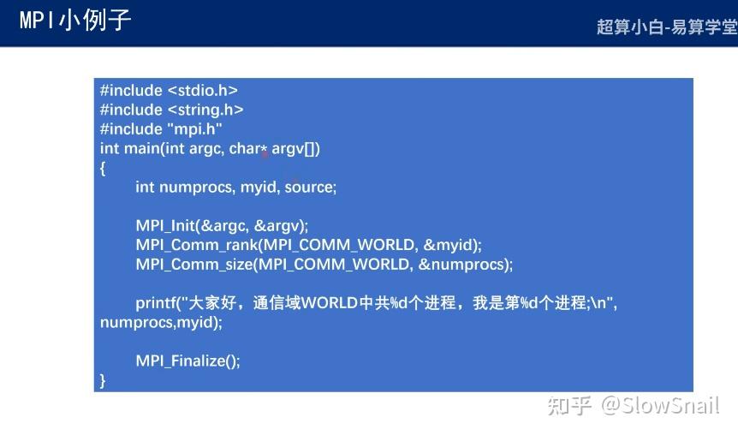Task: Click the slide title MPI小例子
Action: coord(75,21)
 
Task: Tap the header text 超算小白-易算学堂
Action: coord(666,27)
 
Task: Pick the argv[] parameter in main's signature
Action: coord(295,148)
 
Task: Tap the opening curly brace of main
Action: coord(103,168)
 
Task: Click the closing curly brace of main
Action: coord(103,380)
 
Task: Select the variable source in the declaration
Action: coord(311,187)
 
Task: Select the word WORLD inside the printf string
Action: coord(330,303)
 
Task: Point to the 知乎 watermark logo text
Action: coord(569,405)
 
